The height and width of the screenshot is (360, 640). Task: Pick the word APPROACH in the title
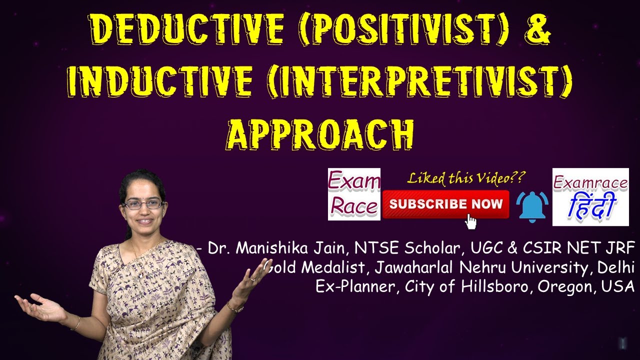pos(320,134)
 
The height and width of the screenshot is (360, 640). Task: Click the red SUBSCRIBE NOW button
pos(445,204)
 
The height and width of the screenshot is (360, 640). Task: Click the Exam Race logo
pos(354,194)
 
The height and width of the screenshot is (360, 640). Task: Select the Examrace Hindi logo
pos(590,197)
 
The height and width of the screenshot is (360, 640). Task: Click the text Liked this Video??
pos(466,178)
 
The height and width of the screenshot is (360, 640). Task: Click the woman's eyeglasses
pos(143,204)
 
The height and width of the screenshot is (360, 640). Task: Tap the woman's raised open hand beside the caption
pos(257,278)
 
